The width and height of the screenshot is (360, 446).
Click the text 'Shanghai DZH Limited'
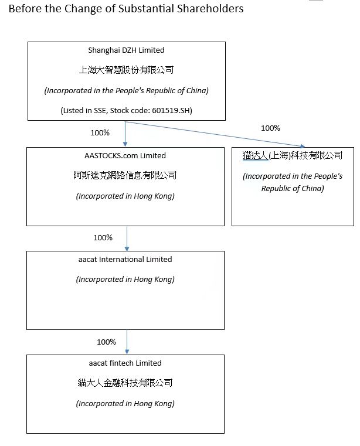click(x=126, y=50)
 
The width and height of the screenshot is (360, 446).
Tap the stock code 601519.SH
click(x=171, y=110)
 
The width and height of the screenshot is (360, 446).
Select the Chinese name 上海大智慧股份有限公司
click(x=126, y=70)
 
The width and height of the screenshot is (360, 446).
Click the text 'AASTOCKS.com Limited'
click(x=125, y=155)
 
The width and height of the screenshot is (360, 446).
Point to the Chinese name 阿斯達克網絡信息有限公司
click(x=125, y=175)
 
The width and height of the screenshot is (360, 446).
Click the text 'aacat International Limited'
click(x=125, y=260)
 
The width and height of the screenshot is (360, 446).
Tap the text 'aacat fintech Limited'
click(x=125, y=363)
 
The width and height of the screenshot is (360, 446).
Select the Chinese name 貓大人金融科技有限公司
click(x=125, y=383)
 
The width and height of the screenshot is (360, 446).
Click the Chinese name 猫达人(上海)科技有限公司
click(x=293, y=155)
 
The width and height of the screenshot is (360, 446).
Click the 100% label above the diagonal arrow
click(x=270, y=128)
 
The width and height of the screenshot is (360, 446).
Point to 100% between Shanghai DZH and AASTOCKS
click(x=100, y=132)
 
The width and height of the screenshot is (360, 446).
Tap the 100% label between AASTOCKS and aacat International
click(x=103, y=237)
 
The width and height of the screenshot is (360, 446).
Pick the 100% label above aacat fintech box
click(x=106, y=342)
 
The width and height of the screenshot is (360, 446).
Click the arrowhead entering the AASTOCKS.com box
click(x=125, y=145)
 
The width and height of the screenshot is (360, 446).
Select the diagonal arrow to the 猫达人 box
click(x=215, y=134)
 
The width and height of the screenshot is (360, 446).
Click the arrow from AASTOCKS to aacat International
click(x=127, y=239)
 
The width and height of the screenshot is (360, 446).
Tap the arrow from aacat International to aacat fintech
click(x=127, y=342)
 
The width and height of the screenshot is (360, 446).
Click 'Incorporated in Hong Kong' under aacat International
click(x=125, y=280)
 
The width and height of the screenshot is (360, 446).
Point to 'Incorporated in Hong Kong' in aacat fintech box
click(x=125, y=404)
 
